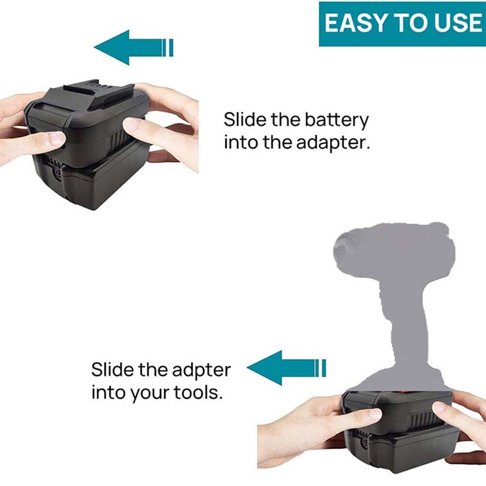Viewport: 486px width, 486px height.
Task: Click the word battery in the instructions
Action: point(337,120)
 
